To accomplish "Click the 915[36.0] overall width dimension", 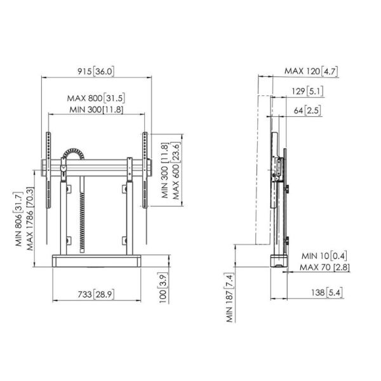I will (x=95, y=71).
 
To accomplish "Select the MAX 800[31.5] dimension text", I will (x=95, y=98).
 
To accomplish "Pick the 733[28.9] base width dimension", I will (x=95, y=295).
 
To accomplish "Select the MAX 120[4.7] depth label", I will (x=311, y=70).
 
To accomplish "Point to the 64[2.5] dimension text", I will (x=309, y=110).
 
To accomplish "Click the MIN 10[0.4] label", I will (x=324, y=255).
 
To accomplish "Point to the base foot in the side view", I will (x=277, y=260).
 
